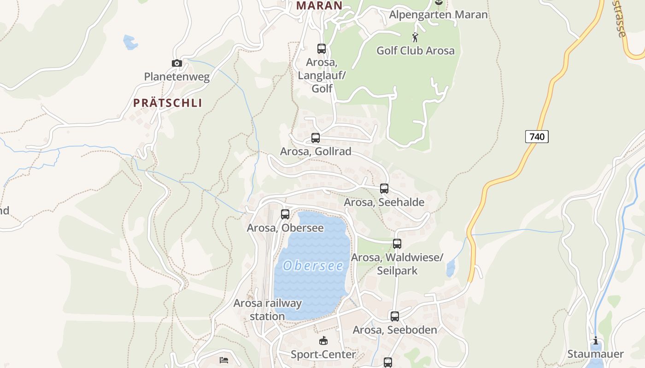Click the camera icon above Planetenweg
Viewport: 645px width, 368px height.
click(x=177, y=63)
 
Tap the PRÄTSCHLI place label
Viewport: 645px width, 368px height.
click(x=168, y=103)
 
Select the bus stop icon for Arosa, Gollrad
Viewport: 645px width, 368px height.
click(x=316, y=138)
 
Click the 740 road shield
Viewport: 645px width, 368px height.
click(x=537, y=137)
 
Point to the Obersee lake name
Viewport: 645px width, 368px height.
click(x=313, y=266)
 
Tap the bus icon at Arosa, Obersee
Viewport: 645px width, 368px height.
click(x=285, y=214)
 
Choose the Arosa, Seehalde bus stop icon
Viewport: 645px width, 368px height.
click(x=384, y=188)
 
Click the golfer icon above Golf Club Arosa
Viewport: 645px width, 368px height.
click(x=415, y=37)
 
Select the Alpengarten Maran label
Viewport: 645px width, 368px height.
click(x=438, y=15)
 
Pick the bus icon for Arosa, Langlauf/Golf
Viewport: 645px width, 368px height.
click(x=322, y=48)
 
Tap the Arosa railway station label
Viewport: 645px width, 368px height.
click(x=267, y=310)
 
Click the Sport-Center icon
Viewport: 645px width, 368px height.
click(x=323, y=341)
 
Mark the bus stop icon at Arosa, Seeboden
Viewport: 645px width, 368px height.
click(x=395, y=316)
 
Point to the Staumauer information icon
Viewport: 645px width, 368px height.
click(x=596, y=341)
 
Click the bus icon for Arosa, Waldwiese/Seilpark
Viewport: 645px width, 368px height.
click(x=397, y=243)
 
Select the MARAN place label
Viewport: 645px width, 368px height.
click(x=319, y=6)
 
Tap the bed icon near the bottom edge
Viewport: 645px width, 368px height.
click(x=224, y=360)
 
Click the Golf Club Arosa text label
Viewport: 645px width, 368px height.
click(x=416, y=51)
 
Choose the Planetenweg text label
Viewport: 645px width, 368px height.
click(x=177, y=77)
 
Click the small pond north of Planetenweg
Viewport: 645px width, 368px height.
click(x=130, y=42)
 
